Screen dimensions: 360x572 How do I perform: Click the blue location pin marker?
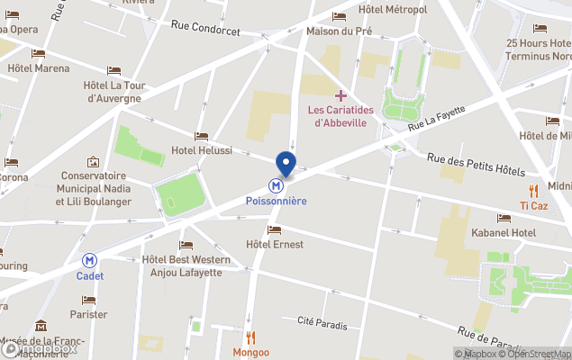pyautogui.click(x=286, y=163)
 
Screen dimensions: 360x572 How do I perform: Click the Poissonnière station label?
pyautogui.click(x=277, y=201)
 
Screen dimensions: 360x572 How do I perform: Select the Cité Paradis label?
pyautogui.click(x=322, y=321)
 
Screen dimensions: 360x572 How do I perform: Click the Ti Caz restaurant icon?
pyautogui.click(x=534, y=191)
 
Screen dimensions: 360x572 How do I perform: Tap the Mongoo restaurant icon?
pyautogui.click(x=251, y=337)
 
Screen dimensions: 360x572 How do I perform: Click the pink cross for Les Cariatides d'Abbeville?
pyautogui.click(x=340, y=95)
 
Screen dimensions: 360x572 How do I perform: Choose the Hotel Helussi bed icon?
pyautogui.click(x=201, y=136)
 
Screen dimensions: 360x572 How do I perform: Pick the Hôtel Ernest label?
pyautogui.click(x=275, y=245)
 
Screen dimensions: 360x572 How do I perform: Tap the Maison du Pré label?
pyautogui.click(x=339, y=31)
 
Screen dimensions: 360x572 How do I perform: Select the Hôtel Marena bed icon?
pyautogui.click(x=38, y=53)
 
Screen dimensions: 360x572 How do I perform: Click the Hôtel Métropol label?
pyautogui.click(x=392, y=9)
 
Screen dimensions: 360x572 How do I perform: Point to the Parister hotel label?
pyautogui.click(x=88, y=314)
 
